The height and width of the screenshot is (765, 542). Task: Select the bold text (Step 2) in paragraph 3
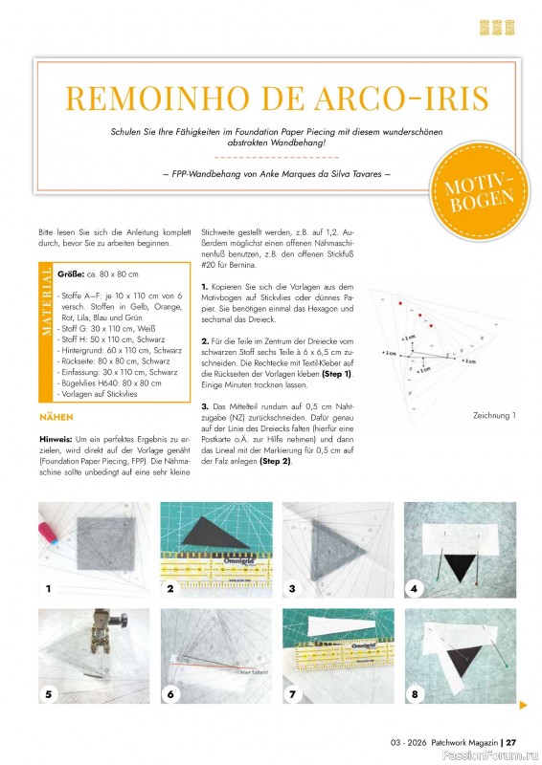(x=273, y=463)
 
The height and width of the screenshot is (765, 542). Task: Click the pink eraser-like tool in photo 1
(x=51, y=528)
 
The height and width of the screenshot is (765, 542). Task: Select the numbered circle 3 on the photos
(x=293, y=587)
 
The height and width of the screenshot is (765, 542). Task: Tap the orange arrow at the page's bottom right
(x=523, y=706)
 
